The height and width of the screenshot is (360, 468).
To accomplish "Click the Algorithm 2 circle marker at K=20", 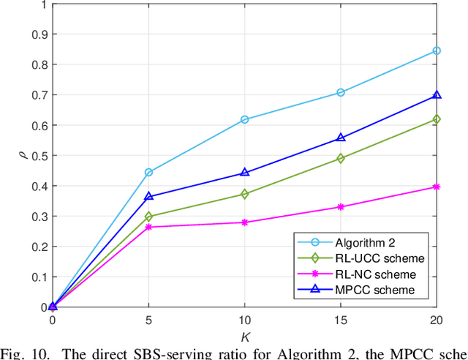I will [x=437, y=50].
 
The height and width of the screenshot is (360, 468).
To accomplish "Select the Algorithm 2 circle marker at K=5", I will [x=148, y=172].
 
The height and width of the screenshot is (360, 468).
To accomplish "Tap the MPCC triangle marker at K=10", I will [x=244, y=173].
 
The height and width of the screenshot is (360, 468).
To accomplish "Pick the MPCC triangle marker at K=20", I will [x=437, y=96].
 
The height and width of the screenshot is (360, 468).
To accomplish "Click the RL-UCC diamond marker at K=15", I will [x=341, y=158].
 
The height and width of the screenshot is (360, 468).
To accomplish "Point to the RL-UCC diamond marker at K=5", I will [x=148, y=217].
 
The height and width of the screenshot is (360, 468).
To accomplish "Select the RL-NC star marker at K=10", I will [x=244, y=222].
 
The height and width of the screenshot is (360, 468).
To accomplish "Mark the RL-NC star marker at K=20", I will [x=437, y=187].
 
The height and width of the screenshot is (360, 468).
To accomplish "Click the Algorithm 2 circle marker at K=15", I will [x=341, y=92].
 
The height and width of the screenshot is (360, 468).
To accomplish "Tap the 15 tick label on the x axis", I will [x=341, y=321].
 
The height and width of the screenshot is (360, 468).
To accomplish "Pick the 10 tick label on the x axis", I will [x=244, y=321].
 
